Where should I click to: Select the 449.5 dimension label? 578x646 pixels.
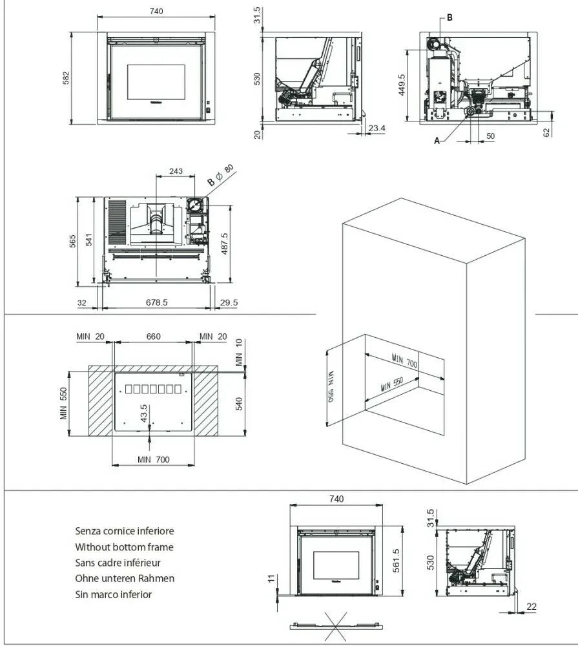click(x=402, y=85)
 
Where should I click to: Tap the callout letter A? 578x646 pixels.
click(x=437, y=141)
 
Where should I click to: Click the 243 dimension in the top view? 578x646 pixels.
click(x=175, y=172)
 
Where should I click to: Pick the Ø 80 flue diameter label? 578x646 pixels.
click(x=223, y=174)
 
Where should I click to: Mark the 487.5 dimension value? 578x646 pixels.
click(x=242, y=244)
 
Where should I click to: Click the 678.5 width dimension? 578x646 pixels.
click(x=157, y=302)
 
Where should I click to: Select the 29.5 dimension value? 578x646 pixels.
click(x=229, y=302)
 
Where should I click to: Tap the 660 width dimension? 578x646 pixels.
click(x=153, y=337)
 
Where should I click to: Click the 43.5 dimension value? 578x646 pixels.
click(x=143, y=413)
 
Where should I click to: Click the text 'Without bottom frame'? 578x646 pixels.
click(x=124, y=547)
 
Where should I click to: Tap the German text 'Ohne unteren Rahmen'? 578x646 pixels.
click(x=125, y=578)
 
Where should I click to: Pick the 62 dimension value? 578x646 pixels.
click(x=547, y=132)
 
